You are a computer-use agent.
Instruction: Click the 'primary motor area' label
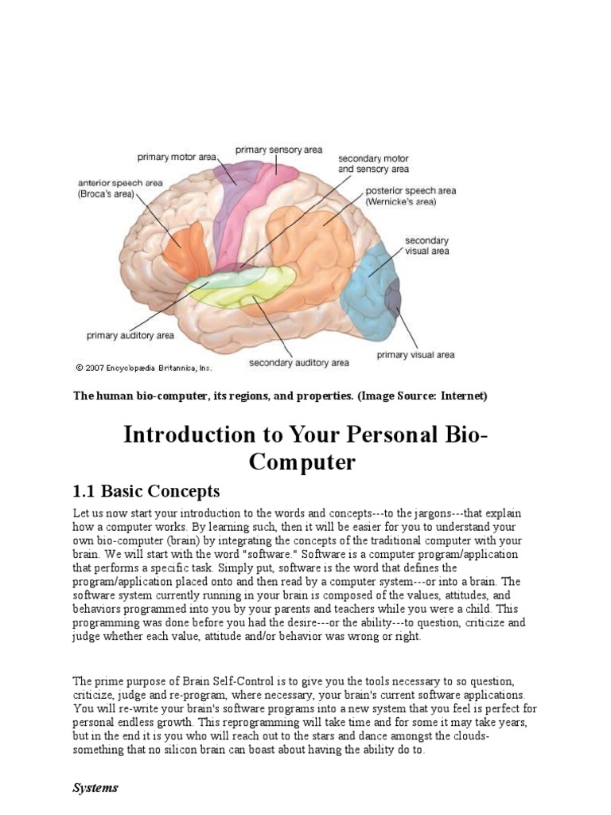[176, 158]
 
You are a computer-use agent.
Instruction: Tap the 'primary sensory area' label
[278, 149]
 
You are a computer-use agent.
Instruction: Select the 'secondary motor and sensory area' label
[373, 163]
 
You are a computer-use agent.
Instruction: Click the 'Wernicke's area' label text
[401, 202]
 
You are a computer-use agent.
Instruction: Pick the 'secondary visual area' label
[426, 245]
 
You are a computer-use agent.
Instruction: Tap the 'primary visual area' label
[415, 355]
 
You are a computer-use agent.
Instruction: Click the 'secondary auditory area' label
[298, 363]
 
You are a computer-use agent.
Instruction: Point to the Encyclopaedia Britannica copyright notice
[144, 368]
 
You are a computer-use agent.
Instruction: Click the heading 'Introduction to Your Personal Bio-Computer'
[305, 448]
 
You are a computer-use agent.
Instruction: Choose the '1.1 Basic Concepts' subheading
[146, 490]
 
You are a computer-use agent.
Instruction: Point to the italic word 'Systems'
[95, 788]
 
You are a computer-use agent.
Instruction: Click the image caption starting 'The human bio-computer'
[280, 396]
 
